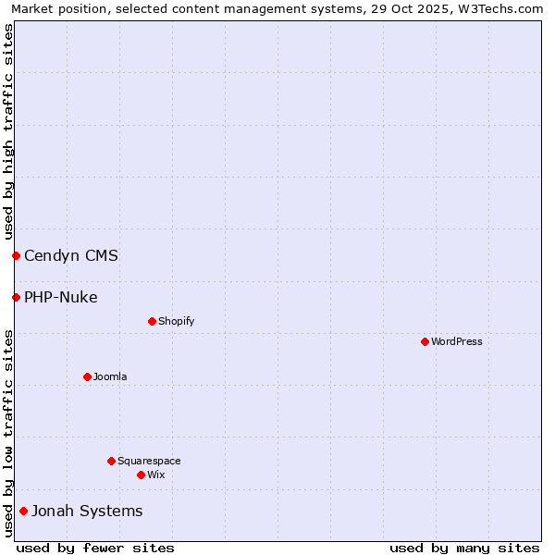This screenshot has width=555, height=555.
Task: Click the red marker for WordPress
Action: coord(425,342)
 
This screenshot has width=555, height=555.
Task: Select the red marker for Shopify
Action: coord(152,322)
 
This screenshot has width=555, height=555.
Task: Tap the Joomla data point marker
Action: coord(87,376)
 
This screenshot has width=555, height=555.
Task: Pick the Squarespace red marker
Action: coord(111,461)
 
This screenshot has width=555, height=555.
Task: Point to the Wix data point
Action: coord(141,475)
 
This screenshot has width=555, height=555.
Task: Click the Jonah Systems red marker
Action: coord(23,511)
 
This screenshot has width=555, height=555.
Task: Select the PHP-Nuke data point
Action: coord(16,297)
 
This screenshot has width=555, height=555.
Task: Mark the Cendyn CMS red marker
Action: coord(16,255)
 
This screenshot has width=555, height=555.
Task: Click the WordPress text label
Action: coord(457,342)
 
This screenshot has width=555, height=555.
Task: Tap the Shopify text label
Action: coord(177,322)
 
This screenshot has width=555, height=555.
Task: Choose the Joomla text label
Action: coord(110,377)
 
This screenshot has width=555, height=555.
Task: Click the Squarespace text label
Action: coord(149,462)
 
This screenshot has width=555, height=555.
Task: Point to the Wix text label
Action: coord(156,475)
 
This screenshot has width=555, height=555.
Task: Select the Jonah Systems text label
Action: coord(87,512)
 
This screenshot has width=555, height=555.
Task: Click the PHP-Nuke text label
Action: coord(61,298)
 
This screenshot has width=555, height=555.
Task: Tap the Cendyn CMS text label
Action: coord(71,256)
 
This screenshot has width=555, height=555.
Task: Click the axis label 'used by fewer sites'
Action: coord(95,549)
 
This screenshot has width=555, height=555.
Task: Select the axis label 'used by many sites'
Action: coord(464,549)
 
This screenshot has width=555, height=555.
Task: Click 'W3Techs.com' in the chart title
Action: coord(500,9)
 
